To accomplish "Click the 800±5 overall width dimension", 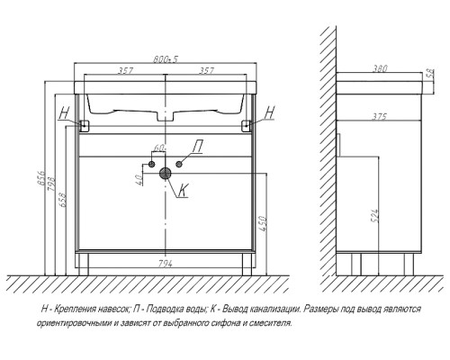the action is coord(166,59).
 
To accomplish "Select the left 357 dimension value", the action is coord(125,70).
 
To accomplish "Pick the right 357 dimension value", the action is coord(206,70).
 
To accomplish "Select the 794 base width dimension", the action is coord(165,264).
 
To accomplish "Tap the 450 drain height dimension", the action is coord(262,223).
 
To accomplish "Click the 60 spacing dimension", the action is coord(159,148).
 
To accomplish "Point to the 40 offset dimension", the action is coord(139,180).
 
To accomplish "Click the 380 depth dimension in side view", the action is coord(380,68).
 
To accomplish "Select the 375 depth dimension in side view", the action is coord(379,116).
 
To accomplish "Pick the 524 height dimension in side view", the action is coord(375,215).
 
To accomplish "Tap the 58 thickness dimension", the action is coord(430,73).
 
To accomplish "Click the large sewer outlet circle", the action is coord(165,174).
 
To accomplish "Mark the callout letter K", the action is coord(183,190).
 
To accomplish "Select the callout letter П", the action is coord(197,147).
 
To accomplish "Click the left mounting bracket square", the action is coord(85,126).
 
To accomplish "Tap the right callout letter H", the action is coord(270,112).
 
